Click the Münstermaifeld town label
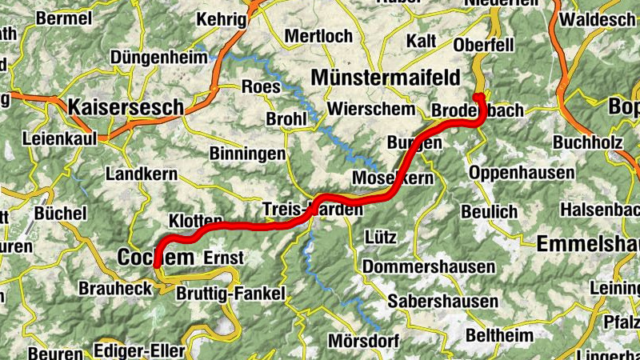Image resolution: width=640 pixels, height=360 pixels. click(x=386, y=78)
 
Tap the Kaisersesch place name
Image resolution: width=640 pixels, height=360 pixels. click(x=126, y=106)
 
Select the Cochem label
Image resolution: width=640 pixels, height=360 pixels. click(x=155, y=258)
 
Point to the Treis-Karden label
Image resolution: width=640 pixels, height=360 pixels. click(x=313, y=210)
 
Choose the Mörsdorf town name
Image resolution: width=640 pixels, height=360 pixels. click(x=363, y=342)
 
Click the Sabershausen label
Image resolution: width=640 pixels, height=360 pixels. click(x=442, y=302)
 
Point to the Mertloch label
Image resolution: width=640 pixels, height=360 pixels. click(x=318, y=36)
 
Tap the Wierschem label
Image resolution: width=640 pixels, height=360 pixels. click(x=372, y=109)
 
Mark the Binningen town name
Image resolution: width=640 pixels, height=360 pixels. click(x=247, y=152)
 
